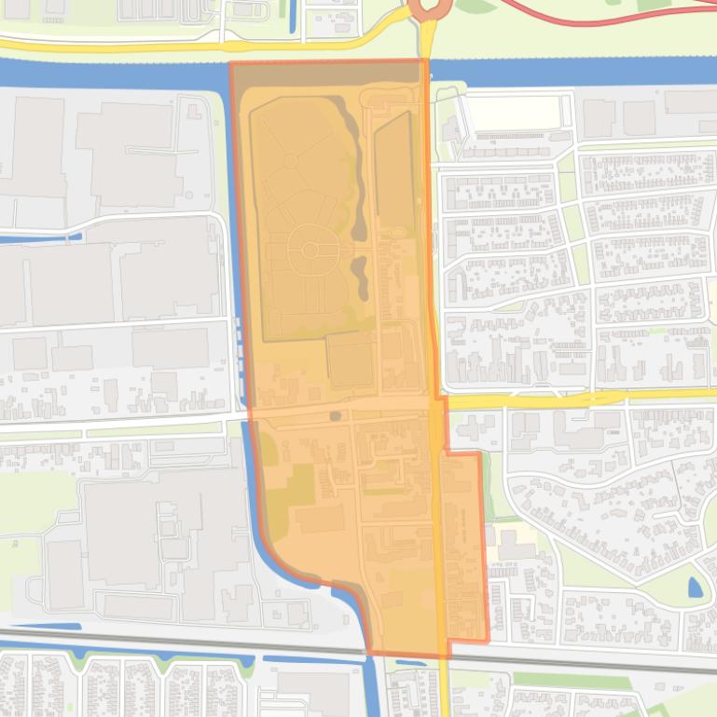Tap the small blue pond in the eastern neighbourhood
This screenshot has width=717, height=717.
tap(695, 588)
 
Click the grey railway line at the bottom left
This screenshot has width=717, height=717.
tap(140, 639)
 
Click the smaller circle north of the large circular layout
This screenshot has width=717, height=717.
tap(291, 161)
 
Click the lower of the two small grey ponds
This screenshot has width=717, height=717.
tap(360, 275)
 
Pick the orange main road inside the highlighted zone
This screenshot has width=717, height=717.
tap(437, 521)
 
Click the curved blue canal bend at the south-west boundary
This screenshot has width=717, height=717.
tap(280, 559)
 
